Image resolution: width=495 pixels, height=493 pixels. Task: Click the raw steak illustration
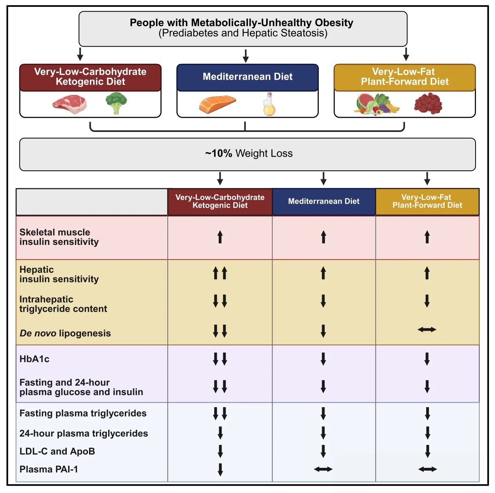(x=69, y=104)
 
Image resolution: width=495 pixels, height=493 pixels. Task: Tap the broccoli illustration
(x=116, y=103)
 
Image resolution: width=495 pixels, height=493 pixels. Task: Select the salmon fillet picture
(x=217, y=104)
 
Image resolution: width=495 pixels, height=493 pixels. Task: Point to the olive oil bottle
(x=269, y=104)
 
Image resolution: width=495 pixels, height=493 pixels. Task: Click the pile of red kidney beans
(x=428, y=104)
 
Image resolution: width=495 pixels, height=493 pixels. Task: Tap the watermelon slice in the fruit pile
(x=365, y=102)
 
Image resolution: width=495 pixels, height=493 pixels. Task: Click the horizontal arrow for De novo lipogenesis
(x=427, y=329)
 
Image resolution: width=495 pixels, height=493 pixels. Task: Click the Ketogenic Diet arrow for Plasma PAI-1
(x=220, y=470)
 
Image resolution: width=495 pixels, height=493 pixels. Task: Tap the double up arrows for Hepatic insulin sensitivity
(x=220, y=273)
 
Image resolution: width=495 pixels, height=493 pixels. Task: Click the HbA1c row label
(x=34, y=359)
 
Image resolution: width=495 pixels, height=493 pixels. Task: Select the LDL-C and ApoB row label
(x=57, y=451)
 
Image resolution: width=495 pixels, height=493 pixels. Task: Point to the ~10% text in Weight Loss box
(x=219, y=153)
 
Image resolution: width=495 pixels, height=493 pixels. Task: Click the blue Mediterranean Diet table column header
(x=324, y=202)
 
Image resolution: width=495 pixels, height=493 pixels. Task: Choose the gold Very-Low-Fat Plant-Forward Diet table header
(x=427, y=202)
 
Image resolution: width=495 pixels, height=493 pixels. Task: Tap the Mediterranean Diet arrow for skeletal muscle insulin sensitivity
(x=323, y=237)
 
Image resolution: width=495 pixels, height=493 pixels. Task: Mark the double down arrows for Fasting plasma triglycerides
(x=220, y=413)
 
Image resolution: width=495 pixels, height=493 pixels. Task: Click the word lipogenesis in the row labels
(x=85, y=333)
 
